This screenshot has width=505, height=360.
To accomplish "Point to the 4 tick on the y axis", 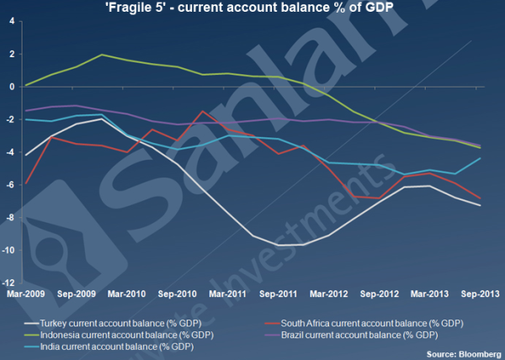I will coord(11,20).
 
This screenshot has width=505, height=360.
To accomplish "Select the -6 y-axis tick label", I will coord(11,184).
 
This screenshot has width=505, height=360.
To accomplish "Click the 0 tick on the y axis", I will coord(11,86).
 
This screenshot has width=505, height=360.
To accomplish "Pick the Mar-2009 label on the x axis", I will coord(25,294).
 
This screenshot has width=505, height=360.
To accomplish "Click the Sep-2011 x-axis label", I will coord(279,294).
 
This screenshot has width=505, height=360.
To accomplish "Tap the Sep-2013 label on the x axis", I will coord(481,294).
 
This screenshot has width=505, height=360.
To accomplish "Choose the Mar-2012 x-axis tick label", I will coord(329,294).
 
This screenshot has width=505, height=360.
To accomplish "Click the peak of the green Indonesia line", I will coord(102,55).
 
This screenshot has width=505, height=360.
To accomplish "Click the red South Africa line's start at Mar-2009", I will coord(26,183).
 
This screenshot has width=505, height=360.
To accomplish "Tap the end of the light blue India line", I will coord(481,158).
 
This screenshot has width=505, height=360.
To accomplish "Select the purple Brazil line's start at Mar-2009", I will coord(26,110).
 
